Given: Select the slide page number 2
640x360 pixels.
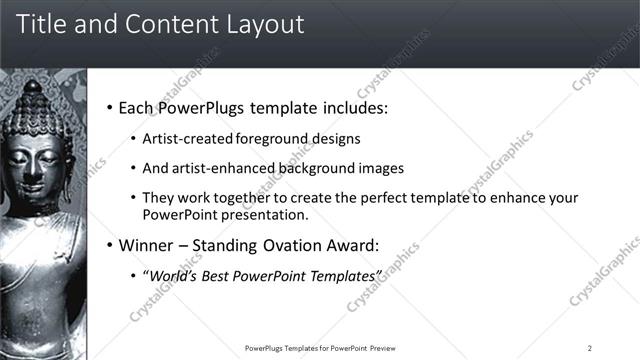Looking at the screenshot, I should tap(590, 348).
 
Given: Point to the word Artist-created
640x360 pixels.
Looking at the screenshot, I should tap(189, 138).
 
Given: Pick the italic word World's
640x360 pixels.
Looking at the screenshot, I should tap(175, 275).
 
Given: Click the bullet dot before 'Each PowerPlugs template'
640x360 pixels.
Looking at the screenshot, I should tap(108, 108).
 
